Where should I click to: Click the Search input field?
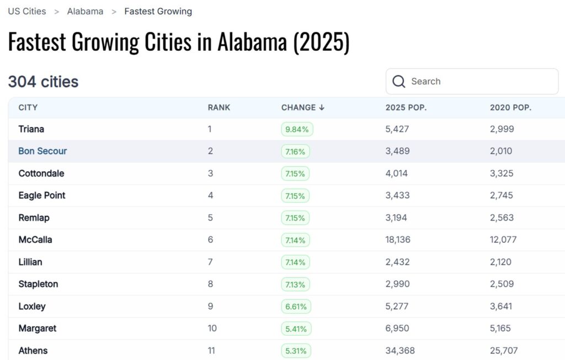click(480, 82)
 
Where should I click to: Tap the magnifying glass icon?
click(399, 82)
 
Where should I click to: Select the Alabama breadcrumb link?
click(85, 11)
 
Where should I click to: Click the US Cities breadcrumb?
click(26, 11)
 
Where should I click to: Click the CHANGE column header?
click(302, 108)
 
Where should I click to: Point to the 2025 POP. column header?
click(406, 108)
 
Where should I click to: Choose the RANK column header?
click(219, 108)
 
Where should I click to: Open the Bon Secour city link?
click(42, 151)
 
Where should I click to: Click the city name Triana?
click(31, 129)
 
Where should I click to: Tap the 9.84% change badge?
click(297, 129)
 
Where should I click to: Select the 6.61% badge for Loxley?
click(296, 306)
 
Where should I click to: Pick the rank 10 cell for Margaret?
click(212, 329)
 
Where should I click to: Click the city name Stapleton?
click(38, 284)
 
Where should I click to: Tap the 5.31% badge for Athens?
click(296, 351)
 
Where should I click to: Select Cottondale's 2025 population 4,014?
click(396, 173)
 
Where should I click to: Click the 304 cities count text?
click(43, 82)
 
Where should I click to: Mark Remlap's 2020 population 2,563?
click(502, 218)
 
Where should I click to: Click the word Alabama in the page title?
click(252, 43)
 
